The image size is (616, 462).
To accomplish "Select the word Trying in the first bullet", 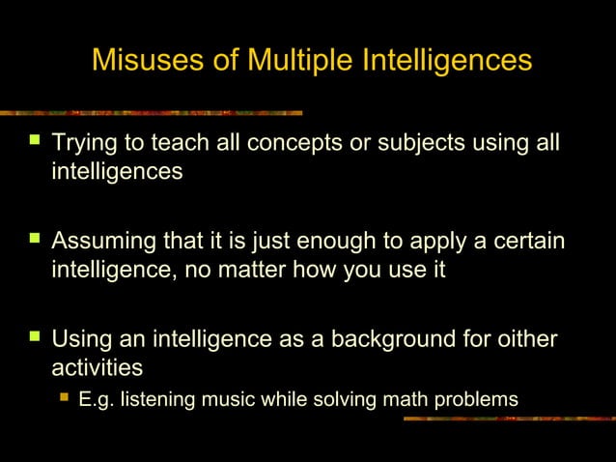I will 84,146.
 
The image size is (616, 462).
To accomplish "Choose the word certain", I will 525,240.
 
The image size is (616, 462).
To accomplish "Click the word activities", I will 97,368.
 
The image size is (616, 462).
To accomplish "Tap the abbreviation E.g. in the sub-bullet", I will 95,398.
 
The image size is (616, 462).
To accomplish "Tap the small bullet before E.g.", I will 64,397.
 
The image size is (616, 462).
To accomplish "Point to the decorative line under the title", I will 154,112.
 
